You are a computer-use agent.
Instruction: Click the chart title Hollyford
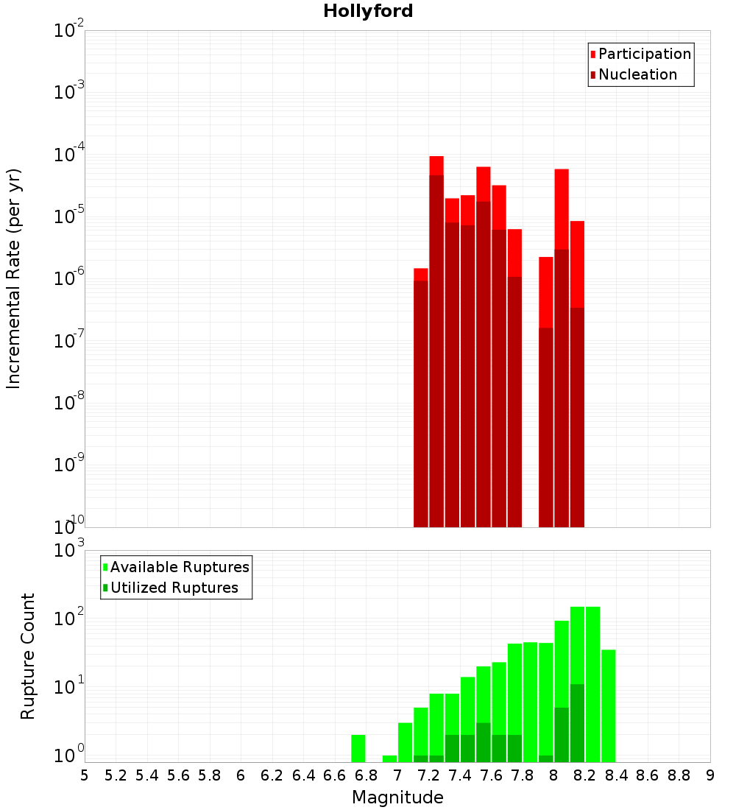click(x=368, y=11)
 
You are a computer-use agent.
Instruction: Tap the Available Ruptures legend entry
click(x=180, y=567)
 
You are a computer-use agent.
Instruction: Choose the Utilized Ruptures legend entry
click(x=174, y=588)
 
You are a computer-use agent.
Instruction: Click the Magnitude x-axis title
click(x=397, y=797)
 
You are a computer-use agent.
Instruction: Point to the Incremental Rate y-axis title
click(x=14, y=278)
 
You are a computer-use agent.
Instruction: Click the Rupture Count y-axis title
click(x=27, y=656)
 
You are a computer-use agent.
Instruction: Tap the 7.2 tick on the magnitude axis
click(x=428, y=775)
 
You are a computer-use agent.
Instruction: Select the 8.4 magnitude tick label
click(x=617, y=775)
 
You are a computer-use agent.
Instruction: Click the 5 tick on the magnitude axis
click(x=85, y=775)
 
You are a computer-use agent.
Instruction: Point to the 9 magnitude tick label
click(x=710, y=775)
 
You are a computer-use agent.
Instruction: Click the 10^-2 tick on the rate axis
click(x=68, y=31)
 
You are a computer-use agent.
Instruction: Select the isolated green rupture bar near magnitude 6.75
click(x=358, y=748)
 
